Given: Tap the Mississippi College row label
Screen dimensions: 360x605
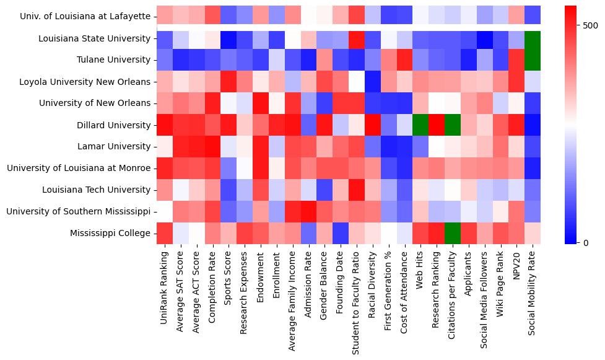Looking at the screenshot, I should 116,233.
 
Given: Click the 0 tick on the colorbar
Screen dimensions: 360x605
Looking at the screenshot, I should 578,242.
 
